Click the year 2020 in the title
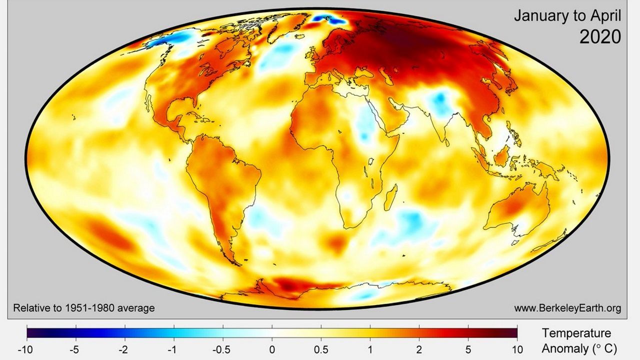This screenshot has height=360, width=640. [x=600, y=36]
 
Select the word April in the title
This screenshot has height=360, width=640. [x=605, y=16]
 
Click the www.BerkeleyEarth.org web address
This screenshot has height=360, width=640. [x=567, y=308]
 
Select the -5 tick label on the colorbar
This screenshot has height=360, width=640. [x=74, y=349]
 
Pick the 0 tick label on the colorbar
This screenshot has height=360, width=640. [x=272, y=349]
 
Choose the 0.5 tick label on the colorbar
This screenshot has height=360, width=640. [x=321, y=349]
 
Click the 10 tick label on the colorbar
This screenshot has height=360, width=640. [x=517, y=349]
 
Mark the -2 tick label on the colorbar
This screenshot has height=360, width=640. [x=123, y=349]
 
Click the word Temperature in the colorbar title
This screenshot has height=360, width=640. [x=576, y=333]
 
